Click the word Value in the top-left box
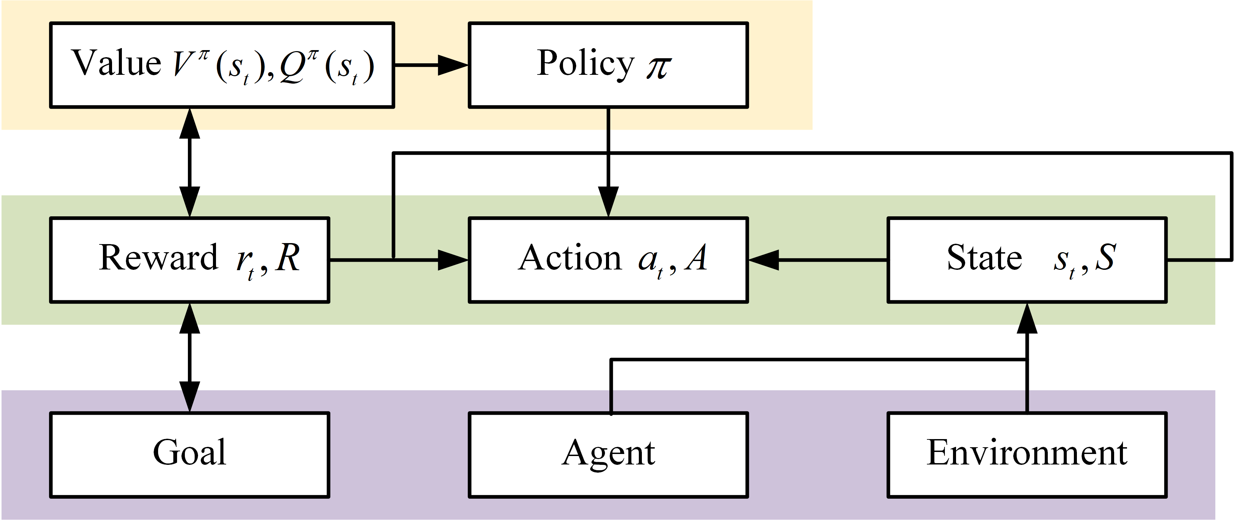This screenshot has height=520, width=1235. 116,63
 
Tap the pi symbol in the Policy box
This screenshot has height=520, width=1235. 658,67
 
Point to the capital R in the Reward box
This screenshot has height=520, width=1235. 288,258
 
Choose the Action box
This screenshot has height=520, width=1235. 608,260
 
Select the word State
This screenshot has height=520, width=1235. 984,258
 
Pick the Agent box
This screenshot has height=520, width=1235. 608,454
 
